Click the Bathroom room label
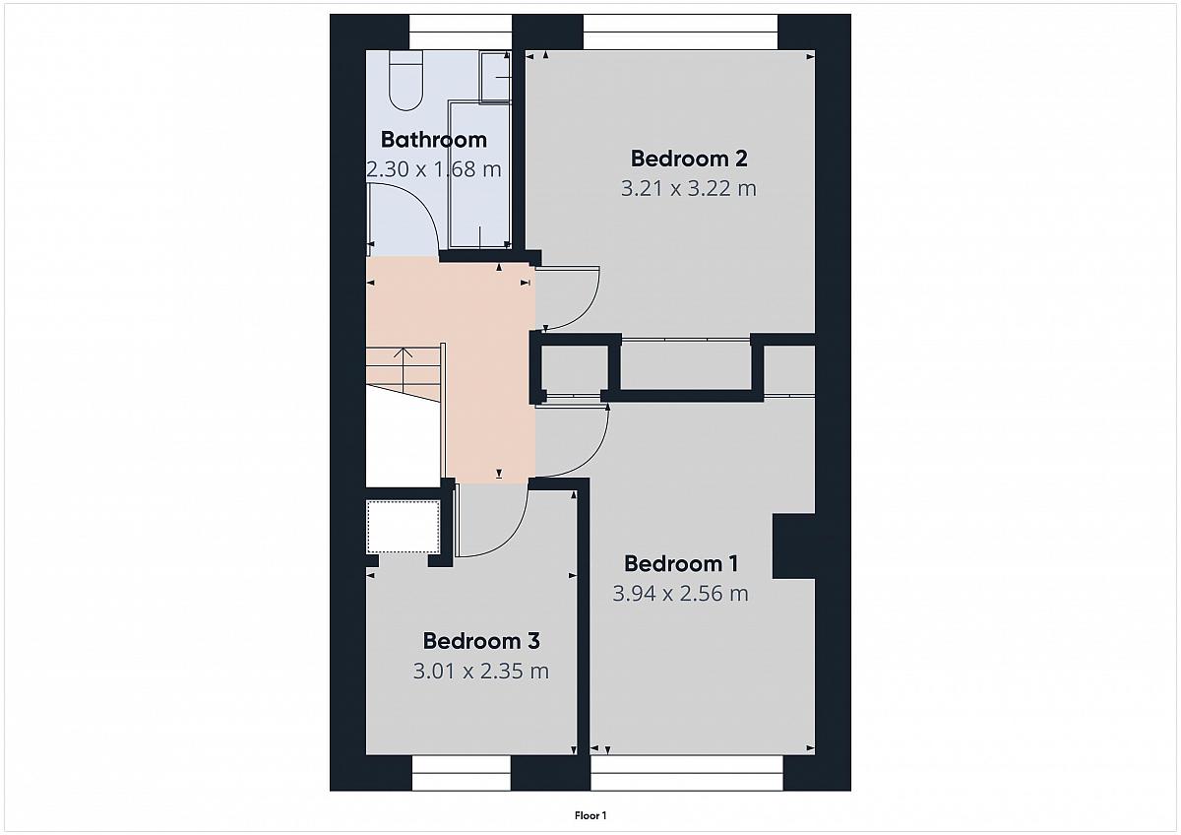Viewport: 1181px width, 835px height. (x=433, y=140)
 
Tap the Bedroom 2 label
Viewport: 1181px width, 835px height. (x=689, y=159)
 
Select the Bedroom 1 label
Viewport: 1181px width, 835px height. (x=681, y=564)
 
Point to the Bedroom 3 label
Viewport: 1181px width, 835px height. (x=481, y=641)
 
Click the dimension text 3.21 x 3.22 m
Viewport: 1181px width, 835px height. (x=689, y=188)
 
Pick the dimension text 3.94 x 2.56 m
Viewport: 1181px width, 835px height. (x=681, y=594)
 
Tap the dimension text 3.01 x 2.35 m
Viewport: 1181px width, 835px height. (x=481, y=672)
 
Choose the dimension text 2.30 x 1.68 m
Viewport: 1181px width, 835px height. (x=433, y=169)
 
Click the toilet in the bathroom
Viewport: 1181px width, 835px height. (x=405, y=80)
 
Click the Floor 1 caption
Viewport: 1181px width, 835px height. (x=590, y=815)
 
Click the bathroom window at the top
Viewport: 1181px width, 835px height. (x=461, y=32)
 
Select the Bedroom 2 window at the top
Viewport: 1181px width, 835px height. (x=680, y=32)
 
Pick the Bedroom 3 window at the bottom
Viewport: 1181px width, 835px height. (x=461, y=773)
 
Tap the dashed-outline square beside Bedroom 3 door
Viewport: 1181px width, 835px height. (x=404, y=527)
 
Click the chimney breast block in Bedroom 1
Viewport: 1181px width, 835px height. (x=794, y=546)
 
